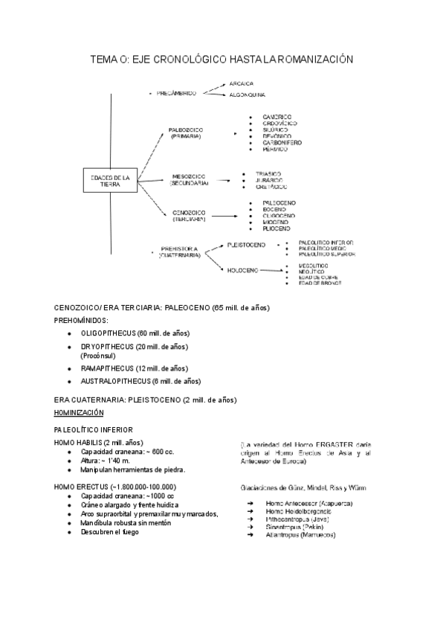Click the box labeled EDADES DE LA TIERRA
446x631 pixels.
coord(110,182)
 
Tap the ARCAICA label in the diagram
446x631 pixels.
coord(242,83)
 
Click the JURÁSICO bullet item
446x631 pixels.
coord(269,180)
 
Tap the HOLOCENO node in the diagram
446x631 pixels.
coord(243,270)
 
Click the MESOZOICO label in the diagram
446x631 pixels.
coord(189,177)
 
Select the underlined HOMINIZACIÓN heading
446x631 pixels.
coord(79,412)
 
